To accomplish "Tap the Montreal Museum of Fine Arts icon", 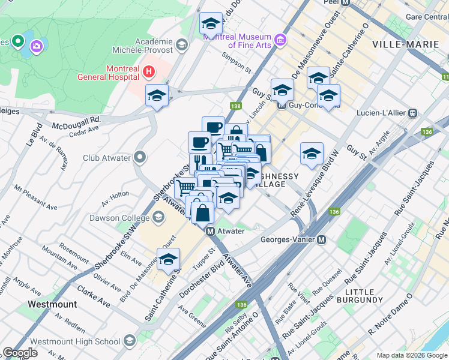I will [280, 40].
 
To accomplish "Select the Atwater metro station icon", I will [210, 231].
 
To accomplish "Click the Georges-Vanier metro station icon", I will [322, 239].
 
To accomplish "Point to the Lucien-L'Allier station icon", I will [413, 113].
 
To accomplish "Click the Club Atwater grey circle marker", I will [140, 158].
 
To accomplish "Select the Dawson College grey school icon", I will [158, 218].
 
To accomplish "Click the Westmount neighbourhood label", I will [52, 304].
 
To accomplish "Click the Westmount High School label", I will [75, 341].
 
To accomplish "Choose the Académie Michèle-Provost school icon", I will [181, 44].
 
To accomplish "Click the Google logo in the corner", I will [20, 353].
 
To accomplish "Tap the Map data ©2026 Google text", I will [411, 355].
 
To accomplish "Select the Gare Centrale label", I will [427, 17].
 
